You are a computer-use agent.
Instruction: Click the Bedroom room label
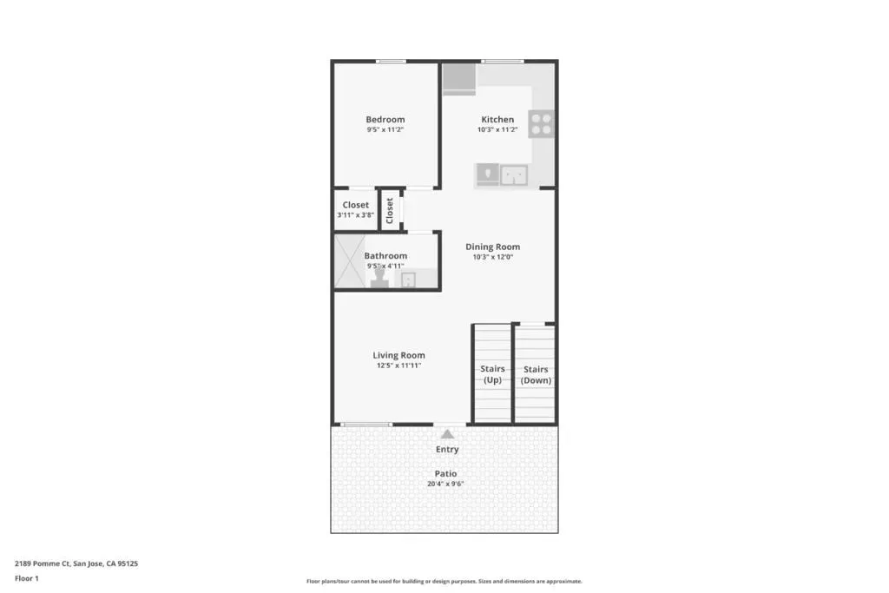coord(385,120)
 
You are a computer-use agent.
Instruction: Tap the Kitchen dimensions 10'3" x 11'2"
coord(497,130)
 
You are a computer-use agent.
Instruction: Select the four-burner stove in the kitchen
coord(541,124)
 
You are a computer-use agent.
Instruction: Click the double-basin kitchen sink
coord(514,175)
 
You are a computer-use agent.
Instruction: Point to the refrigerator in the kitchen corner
coord(458,78)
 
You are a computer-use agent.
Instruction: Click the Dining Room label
coord(493,247)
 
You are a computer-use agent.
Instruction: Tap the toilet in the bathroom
coord(379,278)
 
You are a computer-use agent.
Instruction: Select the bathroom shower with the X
coord(349,260)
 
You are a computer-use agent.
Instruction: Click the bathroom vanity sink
coord(408,280)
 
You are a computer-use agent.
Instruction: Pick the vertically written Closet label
coord(390,210)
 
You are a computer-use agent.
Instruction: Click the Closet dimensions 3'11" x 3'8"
coord(355,215)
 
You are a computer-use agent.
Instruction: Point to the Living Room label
coord(398,355)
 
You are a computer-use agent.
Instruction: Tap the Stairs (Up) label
coord(492,374)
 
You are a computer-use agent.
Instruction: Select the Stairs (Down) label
coord(536,375)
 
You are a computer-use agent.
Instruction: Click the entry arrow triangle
coord(447,434)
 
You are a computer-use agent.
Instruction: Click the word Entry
coord(447,450)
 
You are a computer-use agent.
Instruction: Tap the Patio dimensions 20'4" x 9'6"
coord(445,484)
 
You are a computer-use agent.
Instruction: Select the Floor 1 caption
coord(27,579)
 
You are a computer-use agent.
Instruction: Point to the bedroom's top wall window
coord(391,62)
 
